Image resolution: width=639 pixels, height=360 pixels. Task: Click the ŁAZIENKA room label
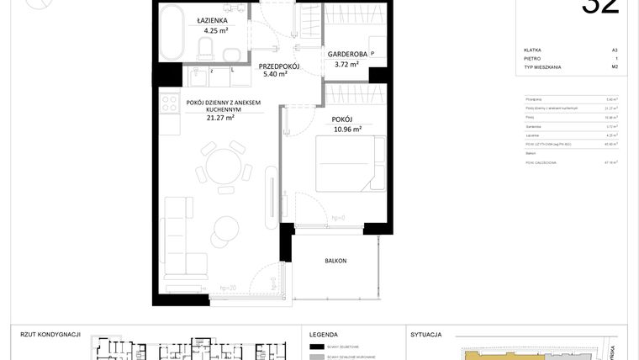point(210,19)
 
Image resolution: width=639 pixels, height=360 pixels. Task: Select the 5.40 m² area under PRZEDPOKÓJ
point(274,74)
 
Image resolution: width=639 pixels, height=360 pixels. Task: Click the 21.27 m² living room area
point(220,118)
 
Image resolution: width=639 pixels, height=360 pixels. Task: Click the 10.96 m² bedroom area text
point(347,130)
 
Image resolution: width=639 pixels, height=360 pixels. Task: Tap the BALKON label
point(335,261)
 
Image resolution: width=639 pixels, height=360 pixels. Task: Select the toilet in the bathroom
point(207,43)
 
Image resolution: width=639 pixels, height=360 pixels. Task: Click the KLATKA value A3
point(615,50)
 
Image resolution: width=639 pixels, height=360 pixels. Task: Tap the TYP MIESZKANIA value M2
point(615,66)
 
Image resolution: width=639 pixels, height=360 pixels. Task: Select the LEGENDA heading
point(324,334)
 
